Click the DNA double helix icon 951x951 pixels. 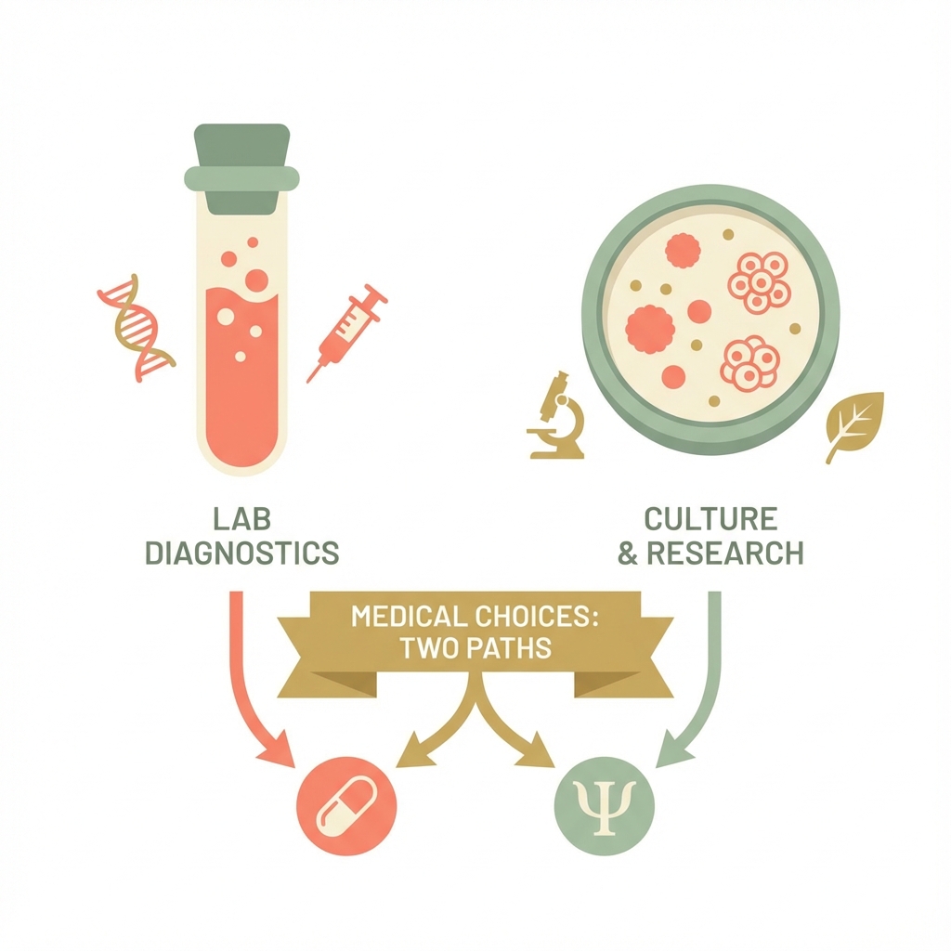137,328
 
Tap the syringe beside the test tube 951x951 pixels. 347,333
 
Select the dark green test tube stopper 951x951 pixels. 242,169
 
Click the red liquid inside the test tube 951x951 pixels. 242,376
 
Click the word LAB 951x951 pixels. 242,519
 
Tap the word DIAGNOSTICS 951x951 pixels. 242,554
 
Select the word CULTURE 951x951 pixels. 710,519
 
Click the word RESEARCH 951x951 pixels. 725,554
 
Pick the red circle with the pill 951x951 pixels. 346,806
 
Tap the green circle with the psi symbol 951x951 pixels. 605,806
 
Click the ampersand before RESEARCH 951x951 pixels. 628,554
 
